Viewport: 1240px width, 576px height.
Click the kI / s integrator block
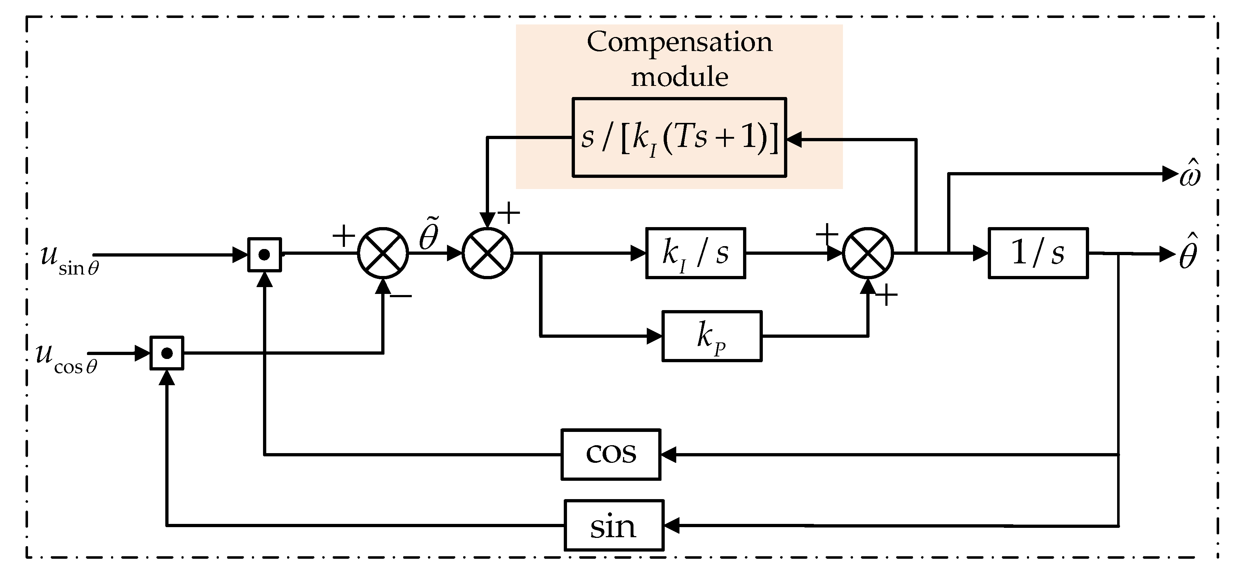pyautogui.click(x=695, y=253)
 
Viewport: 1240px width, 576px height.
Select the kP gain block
pyautogui.click(x=711, y=336)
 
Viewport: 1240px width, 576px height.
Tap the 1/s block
pyautogui.click(x=1038, y=253)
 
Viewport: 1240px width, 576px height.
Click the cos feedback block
pyautogui.click(x=610, y=454)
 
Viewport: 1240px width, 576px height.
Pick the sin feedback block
pyautogui.click(x=614, y=525)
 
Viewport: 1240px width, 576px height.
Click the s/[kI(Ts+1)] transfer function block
pyautogui.click(x=679, y=138)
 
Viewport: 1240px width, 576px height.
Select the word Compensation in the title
pyautogui.click(x=679, y=42)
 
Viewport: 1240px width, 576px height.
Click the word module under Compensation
pyautogui.click(x=679, y=77)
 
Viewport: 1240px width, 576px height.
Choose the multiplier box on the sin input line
pyautogui.click(x=264, y=254)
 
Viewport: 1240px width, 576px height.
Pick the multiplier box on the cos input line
pyautogui.click(x=167, y=353)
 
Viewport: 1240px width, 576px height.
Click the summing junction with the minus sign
pyautogui.click(x=383, y=253)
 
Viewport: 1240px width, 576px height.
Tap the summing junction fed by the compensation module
pyautogui.click(x=487, y=253)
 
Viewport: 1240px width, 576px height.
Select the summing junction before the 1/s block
pyautogui.click(x=867, y=253)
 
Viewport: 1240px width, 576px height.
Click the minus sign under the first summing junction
pyautogui.click(x=401, y=295)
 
